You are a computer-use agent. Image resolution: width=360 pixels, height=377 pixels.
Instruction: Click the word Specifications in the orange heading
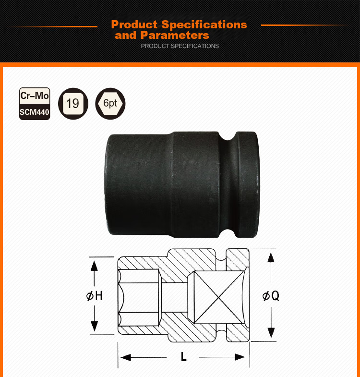point(204,25)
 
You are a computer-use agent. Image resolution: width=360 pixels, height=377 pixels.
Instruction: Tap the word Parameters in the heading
point(175,35)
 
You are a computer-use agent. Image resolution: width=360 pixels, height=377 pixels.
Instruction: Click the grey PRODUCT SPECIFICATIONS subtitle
point(180,46)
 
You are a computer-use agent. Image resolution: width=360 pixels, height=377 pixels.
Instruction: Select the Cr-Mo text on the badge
point(35,96)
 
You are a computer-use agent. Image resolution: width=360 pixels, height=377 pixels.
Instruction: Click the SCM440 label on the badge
point(35,112)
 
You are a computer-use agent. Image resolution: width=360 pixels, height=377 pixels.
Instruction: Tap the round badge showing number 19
point(73,104)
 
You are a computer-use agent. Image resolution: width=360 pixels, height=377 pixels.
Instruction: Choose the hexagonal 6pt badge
point(110,104)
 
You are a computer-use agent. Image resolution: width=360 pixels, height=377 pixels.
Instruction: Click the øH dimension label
point(95,296)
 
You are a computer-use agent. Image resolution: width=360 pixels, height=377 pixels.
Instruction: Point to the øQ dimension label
point(271,295)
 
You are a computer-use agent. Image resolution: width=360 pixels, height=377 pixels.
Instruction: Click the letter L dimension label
point(184,357)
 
